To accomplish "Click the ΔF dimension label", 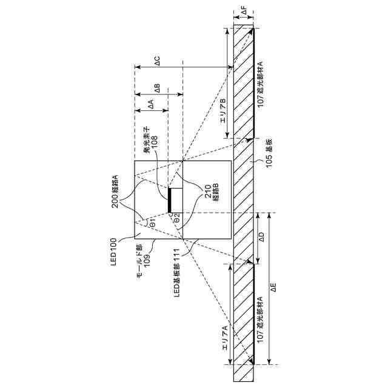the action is (x=244, y=11).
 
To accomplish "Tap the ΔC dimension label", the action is (x=157, y=61).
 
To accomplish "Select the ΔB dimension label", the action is (x=157, y=89).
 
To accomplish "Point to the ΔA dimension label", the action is (x=151, y=104).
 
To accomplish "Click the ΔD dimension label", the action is (x=262, y=237).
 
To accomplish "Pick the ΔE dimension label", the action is (x=273, y=287).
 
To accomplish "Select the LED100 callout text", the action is (x=113, y=252).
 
